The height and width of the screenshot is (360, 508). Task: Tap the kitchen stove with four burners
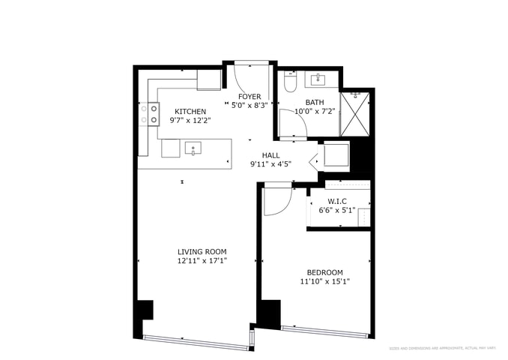(149, 113)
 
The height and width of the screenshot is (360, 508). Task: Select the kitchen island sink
(193, 148)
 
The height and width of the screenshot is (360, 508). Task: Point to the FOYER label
(250, 97)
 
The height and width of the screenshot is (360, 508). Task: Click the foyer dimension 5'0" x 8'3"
(250, 106)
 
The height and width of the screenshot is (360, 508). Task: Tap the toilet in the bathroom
(290, 82)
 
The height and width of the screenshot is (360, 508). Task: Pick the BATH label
(314, 102)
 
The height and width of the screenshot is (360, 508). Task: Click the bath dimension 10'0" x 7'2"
(315, 111)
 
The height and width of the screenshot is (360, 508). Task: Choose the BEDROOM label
(324, 272)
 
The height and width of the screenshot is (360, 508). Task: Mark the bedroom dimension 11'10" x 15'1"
(324, 282)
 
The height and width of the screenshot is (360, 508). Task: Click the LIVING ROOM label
(202, 251)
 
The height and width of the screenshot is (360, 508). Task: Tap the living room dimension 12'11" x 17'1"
(202, 261)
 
